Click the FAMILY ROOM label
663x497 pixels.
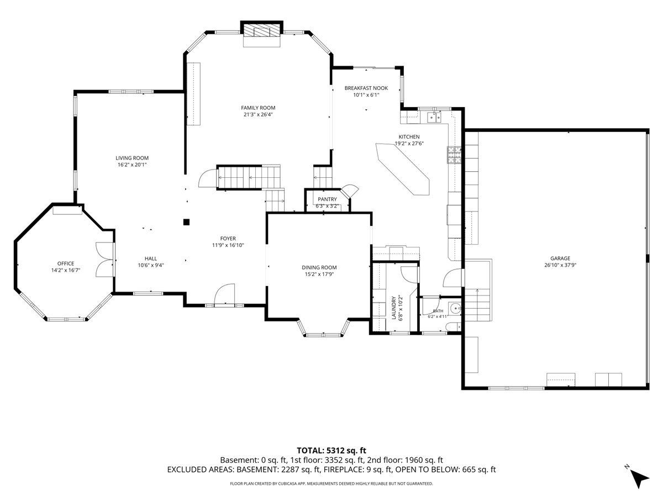click(257, 108)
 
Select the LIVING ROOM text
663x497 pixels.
click(132, 158)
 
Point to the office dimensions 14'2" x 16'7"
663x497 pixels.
click(66, 270)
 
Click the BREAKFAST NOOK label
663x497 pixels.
click(366, 88)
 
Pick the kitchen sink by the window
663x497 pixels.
click(434, 117)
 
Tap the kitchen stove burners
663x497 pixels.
click(454, 155)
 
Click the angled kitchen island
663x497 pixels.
click(402, 169)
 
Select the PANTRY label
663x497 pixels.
click(327, 199)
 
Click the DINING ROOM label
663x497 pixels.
click(319, 267)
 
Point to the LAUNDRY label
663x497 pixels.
click(393, 308)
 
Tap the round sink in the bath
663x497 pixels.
click(455, 308)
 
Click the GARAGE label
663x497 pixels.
click(560, 258)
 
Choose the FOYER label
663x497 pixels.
click(228, 239)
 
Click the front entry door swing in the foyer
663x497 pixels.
click(224, 294)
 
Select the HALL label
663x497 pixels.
click(151, 258)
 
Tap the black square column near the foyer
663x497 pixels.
click(186, 223)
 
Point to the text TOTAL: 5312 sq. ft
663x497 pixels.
click(331, 451)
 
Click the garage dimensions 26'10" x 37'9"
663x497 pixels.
click(560, 265)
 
